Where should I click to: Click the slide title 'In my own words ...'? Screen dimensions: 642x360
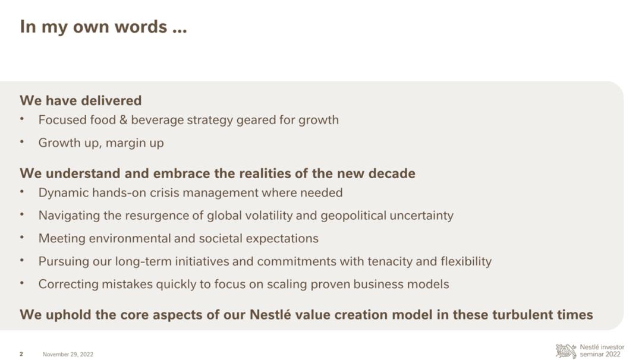click(103, 27)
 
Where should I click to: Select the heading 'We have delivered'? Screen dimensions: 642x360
click(81, 100)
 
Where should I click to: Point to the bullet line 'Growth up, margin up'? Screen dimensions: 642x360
click(101, 143)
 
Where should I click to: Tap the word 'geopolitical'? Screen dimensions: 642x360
click(353, 216)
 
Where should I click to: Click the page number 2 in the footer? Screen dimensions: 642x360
click(21, 354)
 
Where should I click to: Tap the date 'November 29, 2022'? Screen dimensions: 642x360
click(68, 354)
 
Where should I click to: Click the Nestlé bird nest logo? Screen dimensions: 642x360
click(566, 351)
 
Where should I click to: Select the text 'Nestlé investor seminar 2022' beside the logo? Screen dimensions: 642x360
click(602, 350)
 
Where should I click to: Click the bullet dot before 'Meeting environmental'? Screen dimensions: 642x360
click(22, 237)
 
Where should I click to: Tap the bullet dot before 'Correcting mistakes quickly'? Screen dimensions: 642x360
click(22, 283)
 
